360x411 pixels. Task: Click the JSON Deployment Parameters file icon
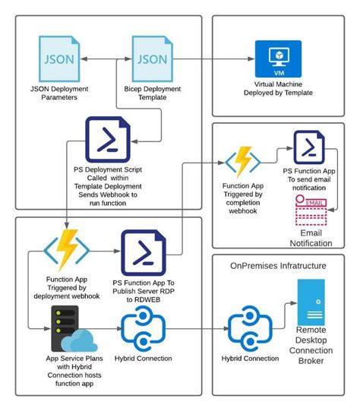pyautogui.click(x=59, y=59)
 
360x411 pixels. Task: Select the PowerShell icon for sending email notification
pyautogui.click(x=309, y=147)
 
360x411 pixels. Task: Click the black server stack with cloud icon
pyautogui.click(x=70, y=328)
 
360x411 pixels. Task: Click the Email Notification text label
pyautogui.click(x=310, y=238)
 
